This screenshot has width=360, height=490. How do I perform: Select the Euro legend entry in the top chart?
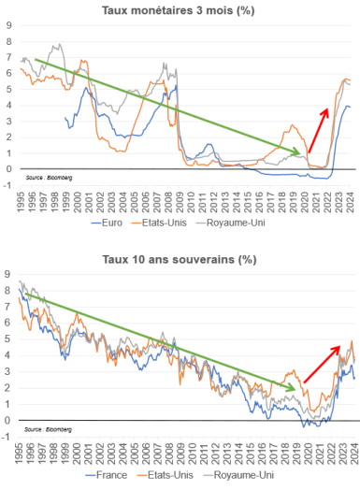click(117, 225)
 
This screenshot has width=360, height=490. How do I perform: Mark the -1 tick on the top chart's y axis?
click(7, 184)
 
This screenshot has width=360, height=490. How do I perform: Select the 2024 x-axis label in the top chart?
click(349, 200)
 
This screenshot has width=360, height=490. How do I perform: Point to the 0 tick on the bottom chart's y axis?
click(8, 420)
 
